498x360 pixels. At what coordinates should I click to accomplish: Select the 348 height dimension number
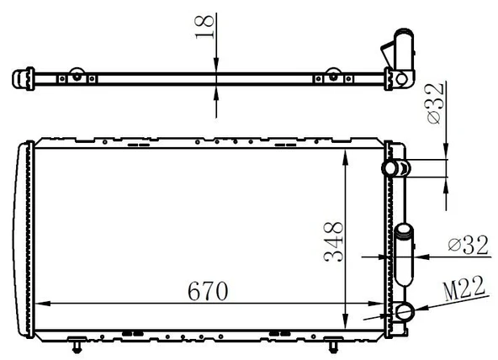334,241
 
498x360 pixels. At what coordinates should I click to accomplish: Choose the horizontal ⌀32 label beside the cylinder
469,245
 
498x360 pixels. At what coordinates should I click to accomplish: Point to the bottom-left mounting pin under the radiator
77,345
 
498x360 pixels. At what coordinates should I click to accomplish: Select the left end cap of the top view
20,80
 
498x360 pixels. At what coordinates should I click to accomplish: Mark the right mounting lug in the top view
334,75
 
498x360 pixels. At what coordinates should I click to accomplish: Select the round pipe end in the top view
403,80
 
